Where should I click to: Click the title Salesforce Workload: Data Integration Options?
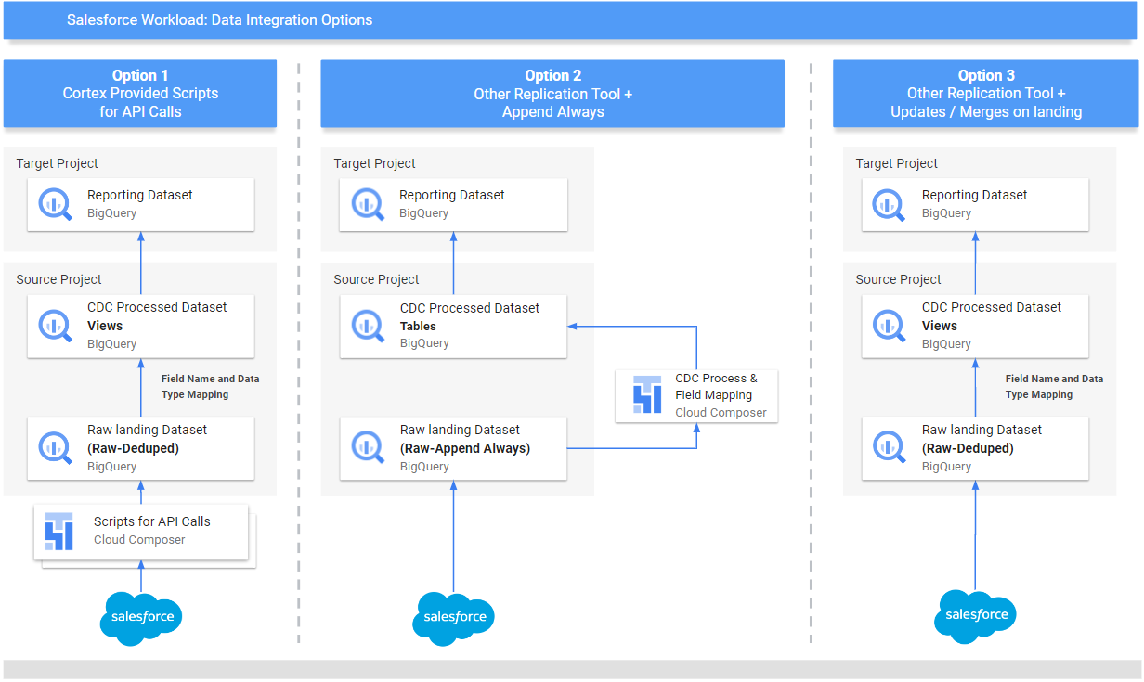220,19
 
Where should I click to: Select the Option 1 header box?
140,94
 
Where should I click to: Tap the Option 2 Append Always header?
552,94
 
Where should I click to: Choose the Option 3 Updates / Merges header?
985,94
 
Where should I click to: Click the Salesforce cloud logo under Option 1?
141,617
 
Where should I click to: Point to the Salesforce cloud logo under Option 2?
453,617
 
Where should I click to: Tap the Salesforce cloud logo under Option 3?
975,614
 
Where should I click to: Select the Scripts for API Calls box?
141,532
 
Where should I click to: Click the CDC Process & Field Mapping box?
696,396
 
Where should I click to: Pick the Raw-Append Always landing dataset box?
453,448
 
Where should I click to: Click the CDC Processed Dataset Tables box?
453,326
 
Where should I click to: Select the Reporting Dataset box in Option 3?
975,204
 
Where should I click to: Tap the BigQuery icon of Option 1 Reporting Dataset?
55,204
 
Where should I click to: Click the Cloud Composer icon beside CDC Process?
646,395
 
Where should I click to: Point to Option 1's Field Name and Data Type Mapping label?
210,387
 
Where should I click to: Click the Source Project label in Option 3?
898,279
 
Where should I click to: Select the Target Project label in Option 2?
374,163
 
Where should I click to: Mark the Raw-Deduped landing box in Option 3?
975,448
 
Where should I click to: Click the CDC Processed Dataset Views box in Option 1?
141,326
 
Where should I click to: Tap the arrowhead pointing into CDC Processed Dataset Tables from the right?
573,326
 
